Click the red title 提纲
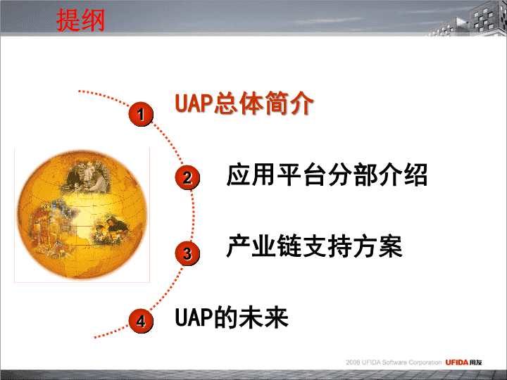tap(80, 20)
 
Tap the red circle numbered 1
tap(141, 114)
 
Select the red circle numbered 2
tap(187, 177)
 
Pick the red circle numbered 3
tap(187, 253)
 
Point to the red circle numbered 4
tap(141, 321)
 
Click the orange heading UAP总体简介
tap(244, 103)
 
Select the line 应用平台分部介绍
tap(327, 175)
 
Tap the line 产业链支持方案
tap(314, 246)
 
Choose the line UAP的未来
tap(232, 317)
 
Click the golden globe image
tap(82, 215)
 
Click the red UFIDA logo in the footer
tap(457, 362)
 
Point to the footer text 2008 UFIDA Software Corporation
tap(394, 362)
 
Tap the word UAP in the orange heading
tap(194, 103)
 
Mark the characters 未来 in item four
tap(263, 317)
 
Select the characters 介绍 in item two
tap(403, 175)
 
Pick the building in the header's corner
tap(465, 19)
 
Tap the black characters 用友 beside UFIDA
tap(475, 362)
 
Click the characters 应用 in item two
tap(251, 175)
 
